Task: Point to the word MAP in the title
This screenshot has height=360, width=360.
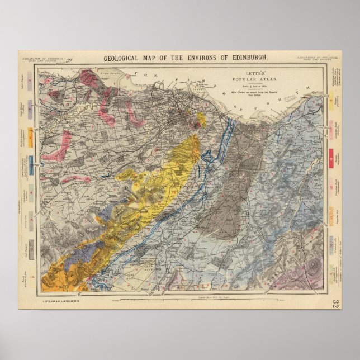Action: (x=157, y=58)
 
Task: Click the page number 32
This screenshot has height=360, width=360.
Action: (x=334, y=304)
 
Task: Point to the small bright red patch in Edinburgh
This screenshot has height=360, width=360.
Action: (x=196, y=126)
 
